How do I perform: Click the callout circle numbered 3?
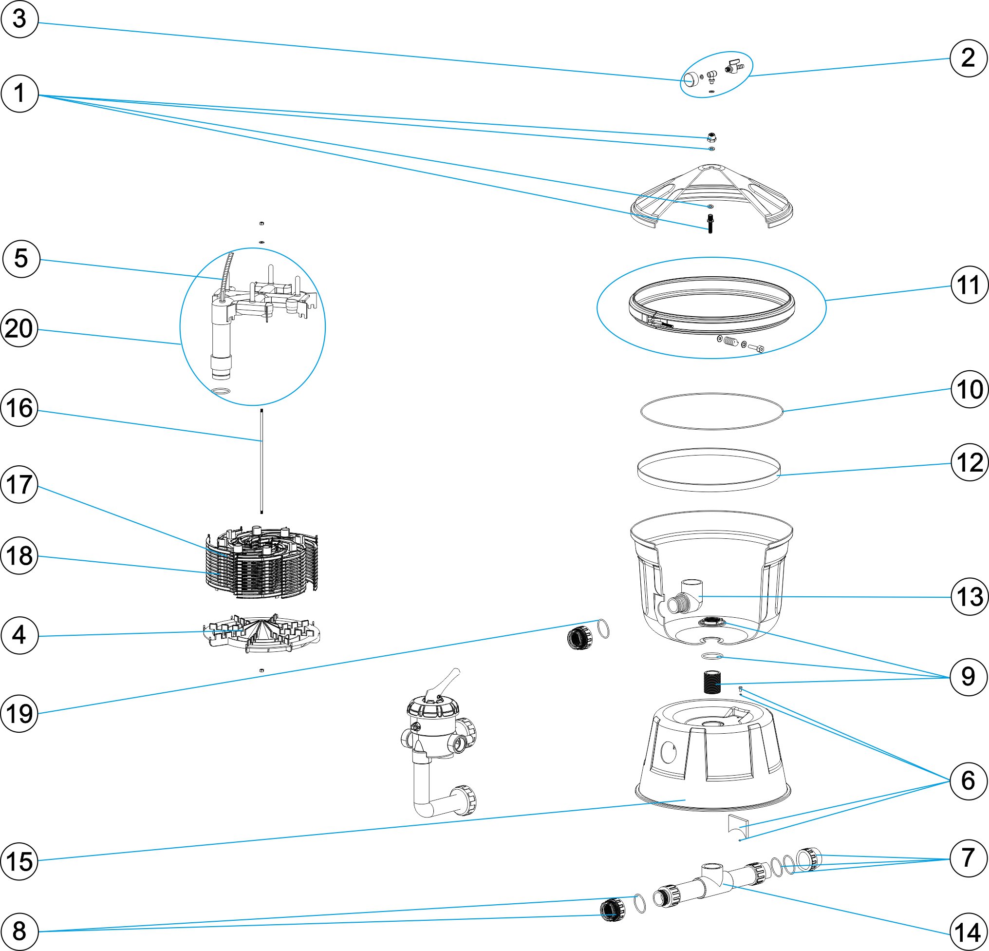[19, 19]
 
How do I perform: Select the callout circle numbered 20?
[19, 328]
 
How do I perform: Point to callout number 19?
[19, 713]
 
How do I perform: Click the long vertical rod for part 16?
[262, 462]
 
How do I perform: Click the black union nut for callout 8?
[613, 909]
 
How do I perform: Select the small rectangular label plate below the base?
[738, 825]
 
